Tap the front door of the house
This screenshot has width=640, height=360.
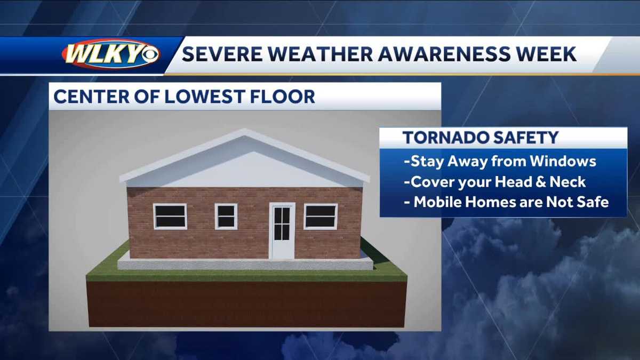[x=282, y=230]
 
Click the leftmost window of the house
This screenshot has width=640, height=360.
[x=170, y=216]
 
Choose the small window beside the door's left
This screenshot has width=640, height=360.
[x=226, y=216]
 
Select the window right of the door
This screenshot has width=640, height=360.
[x=321, y=216]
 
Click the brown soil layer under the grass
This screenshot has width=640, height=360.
[x=246, y=304]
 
